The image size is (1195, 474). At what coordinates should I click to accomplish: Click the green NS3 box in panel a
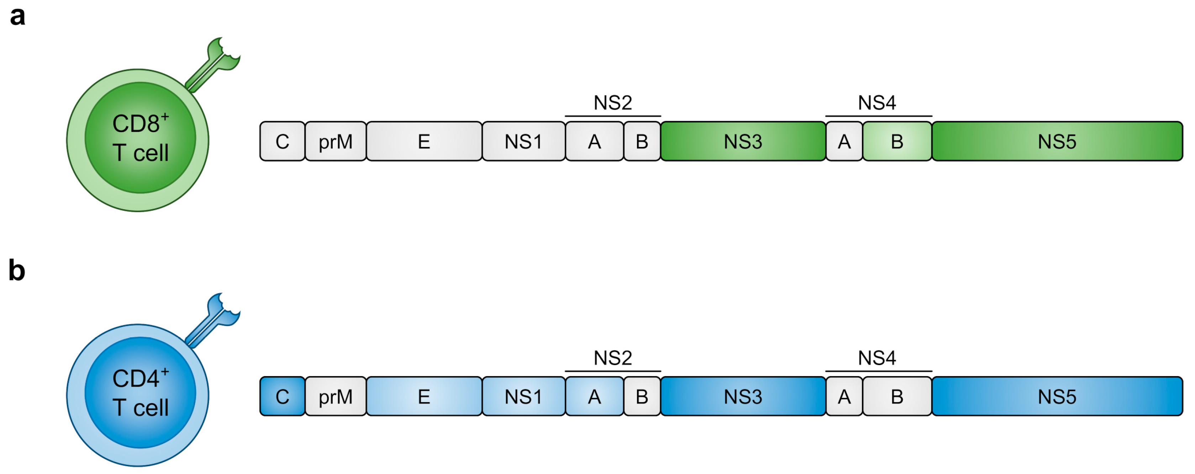click(x=743, y=142)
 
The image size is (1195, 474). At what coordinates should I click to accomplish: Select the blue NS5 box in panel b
click(x=1057, y=396)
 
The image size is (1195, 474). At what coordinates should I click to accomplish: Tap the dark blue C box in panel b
click(x=282, y=396)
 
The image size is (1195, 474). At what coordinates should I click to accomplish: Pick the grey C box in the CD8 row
click(x=282, y=142)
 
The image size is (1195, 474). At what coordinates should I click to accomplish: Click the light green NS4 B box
click(x=897, y=142)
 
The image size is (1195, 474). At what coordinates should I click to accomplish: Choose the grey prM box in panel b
click(x=335, y=396)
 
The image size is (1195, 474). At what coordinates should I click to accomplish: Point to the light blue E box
click(x=424, y=396)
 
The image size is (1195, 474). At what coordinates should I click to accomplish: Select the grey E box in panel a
click(x=424, y=142)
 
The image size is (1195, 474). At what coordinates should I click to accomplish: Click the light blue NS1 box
click(x=523, y=396)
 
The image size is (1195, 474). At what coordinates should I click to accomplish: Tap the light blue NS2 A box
click(x=594, y=396)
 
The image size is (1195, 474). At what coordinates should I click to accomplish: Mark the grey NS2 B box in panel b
click(x=642, y=396)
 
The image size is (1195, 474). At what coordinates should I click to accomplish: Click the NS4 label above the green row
click(x=877, y=103)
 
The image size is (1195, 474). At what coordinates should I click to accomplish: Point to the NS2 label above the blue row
click(x=613, y=358)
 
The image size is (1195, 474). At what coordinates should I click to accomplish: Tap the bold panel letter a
click(x=18, y=17)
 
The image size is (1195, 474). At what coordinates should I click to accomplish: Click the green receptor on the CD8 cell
click(x=216, y=63)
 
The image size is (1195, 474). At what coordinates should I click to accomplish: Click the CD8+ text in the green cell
click(x=140, y=123)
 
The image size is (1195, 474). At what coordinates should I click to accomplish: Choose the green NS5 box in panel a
click(x=1057, y=142)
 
